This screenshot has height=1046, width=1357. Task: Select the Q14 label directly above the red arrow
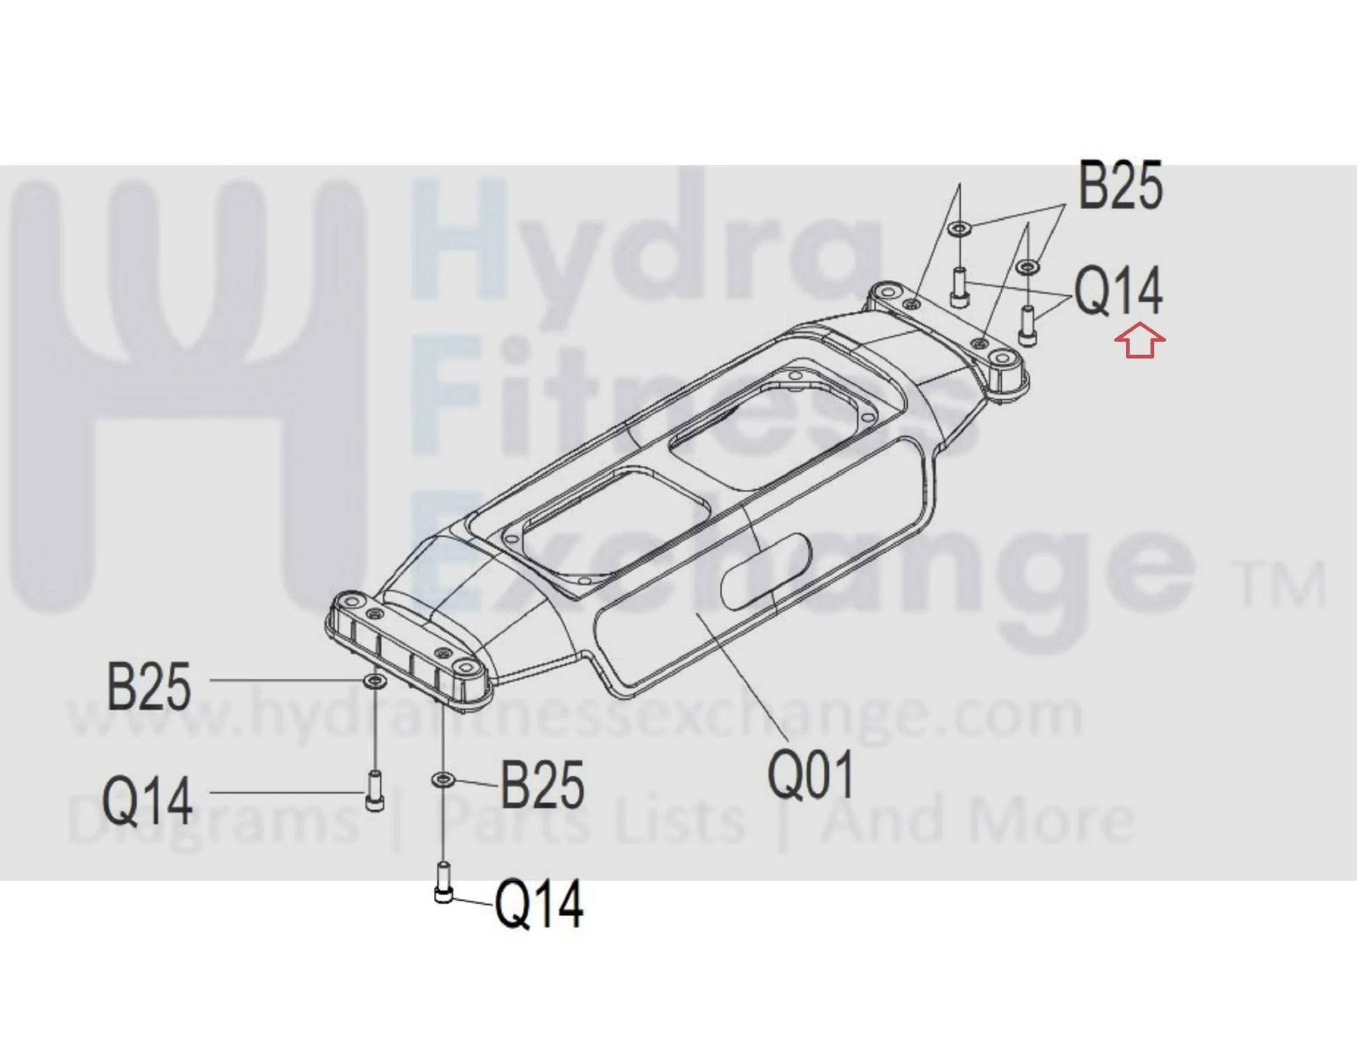coord(1118,291)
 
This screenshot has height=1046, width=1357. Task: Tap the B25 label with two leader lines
coord(1120,185)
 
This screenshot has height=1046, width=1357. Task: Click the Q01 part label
coord(810,775)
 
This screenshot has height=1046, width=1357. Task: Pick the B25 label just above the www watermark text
coord(149,687)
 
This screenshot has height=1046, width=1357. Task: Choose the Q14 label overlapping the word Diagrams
coord(147,801)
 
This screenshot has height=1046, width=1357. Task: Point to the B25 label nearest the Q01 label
coord(542,785)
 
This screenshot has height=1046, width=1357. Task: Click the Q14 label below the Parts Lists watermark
coord(539,904)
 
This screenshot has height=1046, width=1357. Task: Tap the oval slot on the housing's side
coord(765,571)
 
